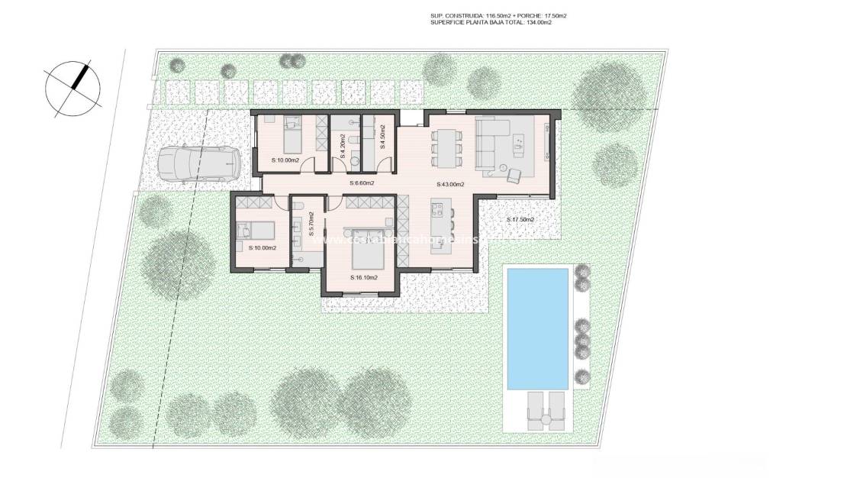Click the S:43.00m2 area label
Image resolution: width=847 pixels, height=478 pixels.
pos(451,184)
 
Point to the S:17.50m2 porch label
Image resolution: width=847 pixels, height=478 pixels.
pos(520,220)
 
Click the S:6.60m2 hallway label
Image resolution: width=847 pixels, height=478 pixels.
pos(362,183)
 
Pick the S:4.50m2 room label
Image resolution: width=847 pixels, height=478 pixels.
pos(382,137)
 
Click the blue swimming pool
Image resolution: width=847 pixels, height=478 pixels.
pos(538,328)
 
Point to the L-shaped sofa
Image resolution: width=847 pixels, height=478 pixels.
pos(496,136)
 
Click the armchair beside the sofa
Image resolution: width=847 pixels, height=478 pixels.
pos(513,174)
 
